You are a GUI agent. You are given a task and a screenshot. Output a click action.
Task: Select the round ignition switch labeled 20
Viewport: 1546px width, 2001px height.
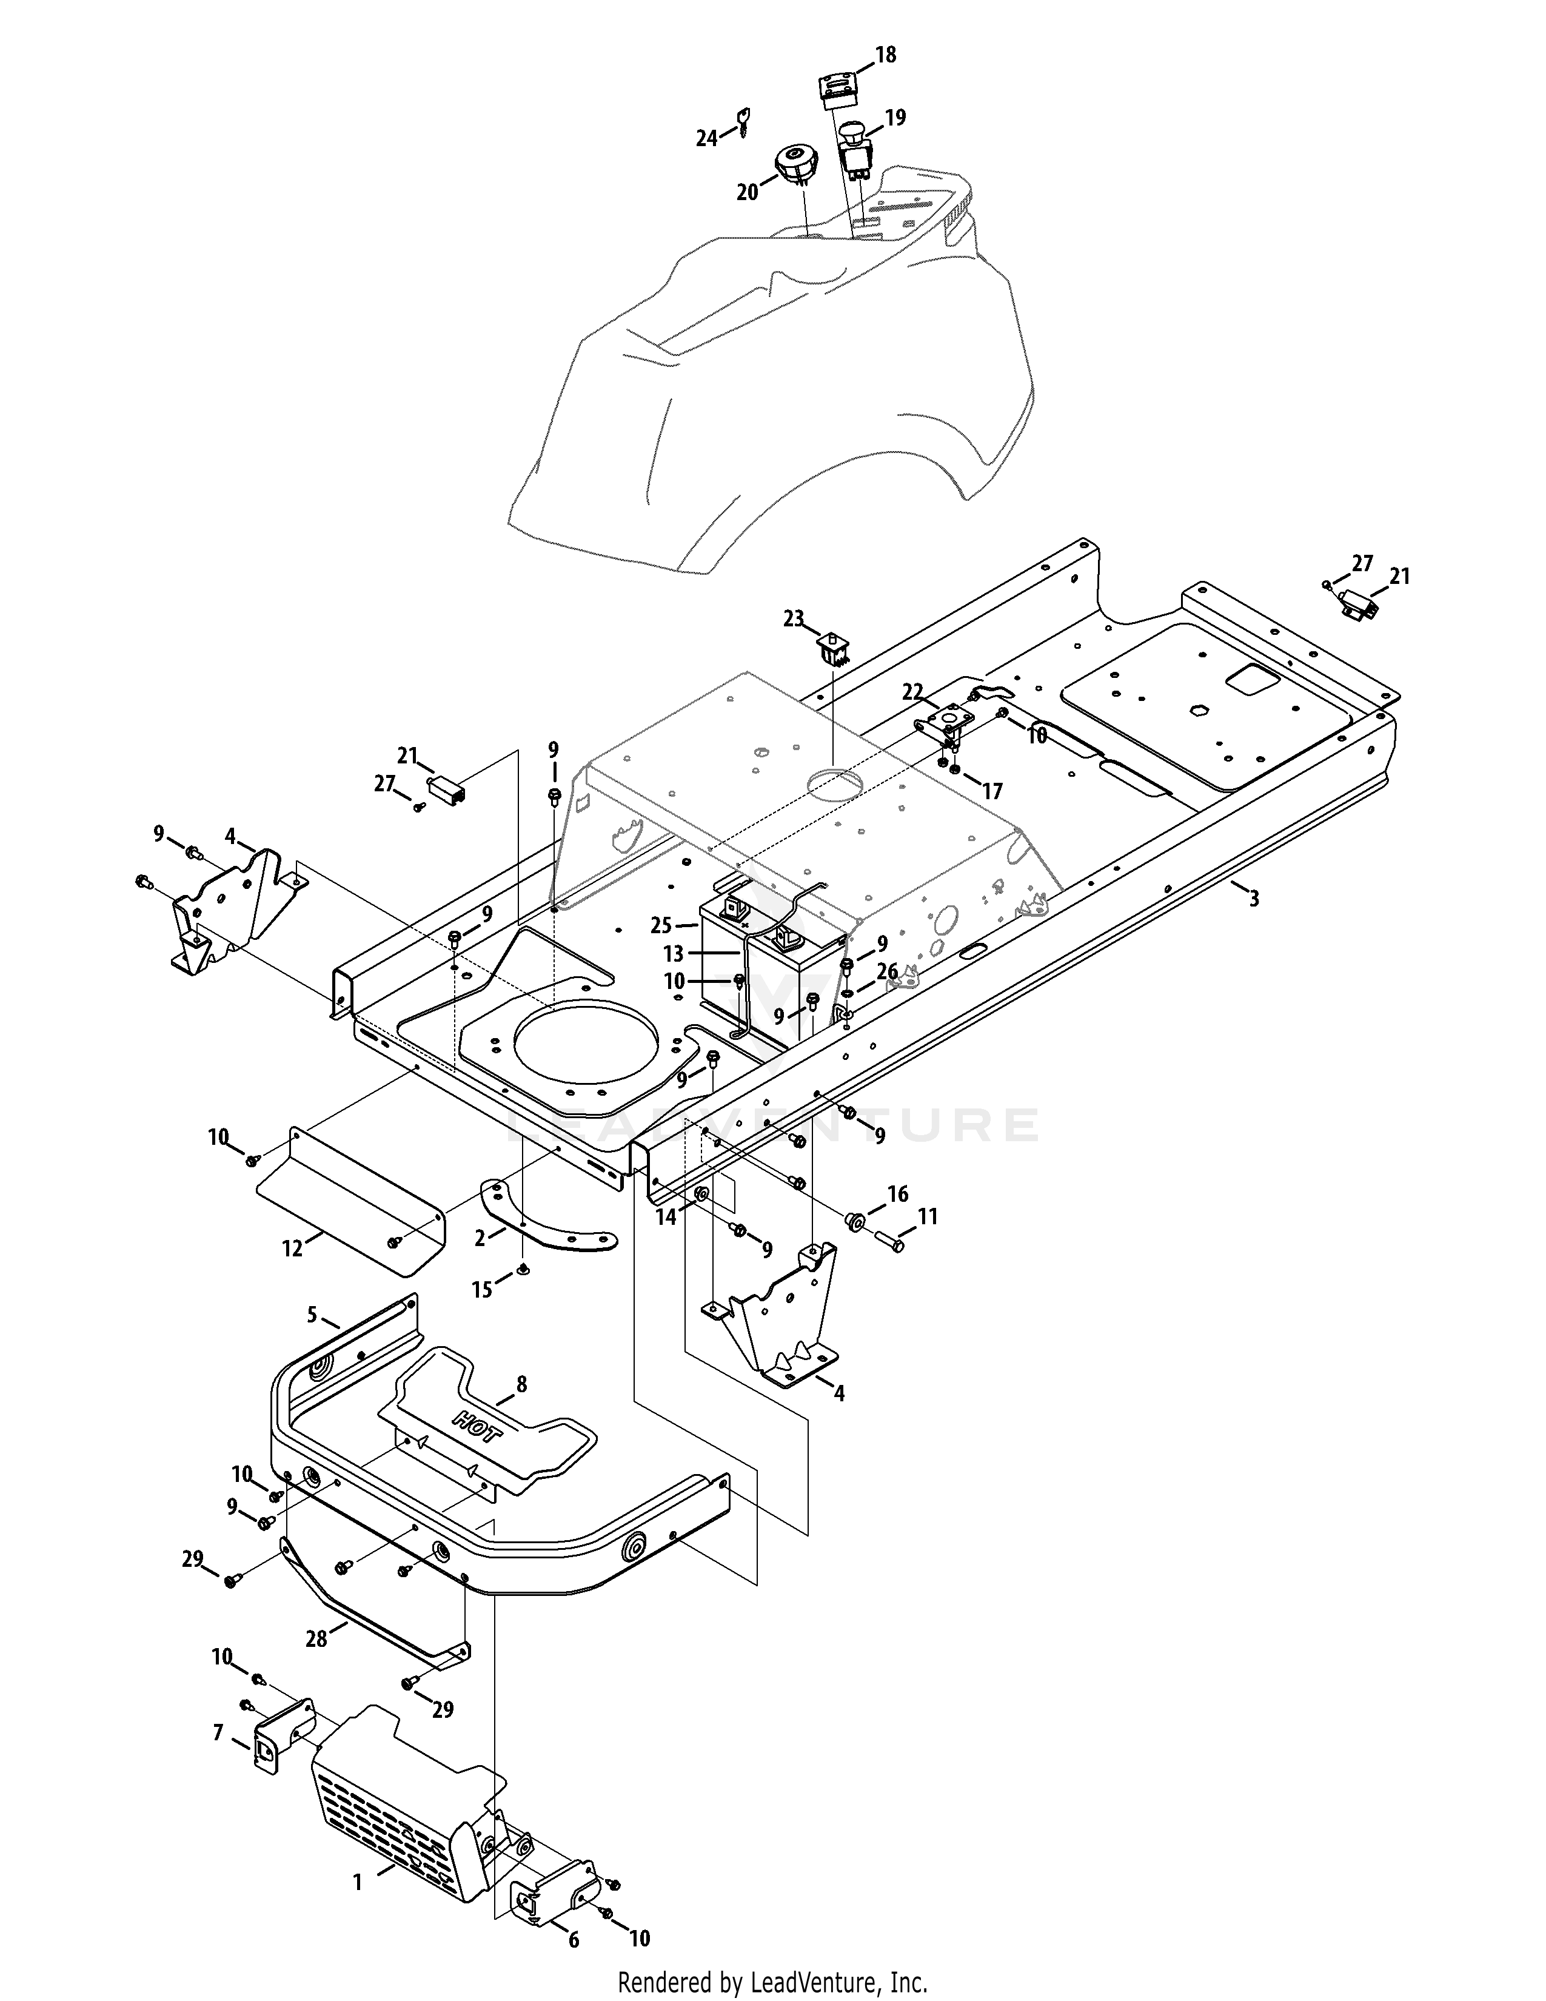(x=800, y=166)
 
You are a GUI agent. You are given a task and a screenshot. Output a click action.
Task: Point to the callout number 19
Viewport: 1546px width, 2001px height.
(x=895, y=116)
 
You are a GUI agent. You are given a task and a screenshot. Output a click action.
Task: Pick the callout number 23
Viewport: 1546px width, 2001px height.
(x=792, y=619)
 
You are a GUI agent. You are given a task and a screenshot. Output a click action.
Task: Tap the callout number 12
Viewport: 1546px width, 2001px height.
(x=292, y=1248)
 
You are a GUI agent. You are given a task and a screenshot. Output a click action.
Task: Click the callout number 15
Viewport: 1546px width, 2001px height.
(x=482, y=1289)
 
